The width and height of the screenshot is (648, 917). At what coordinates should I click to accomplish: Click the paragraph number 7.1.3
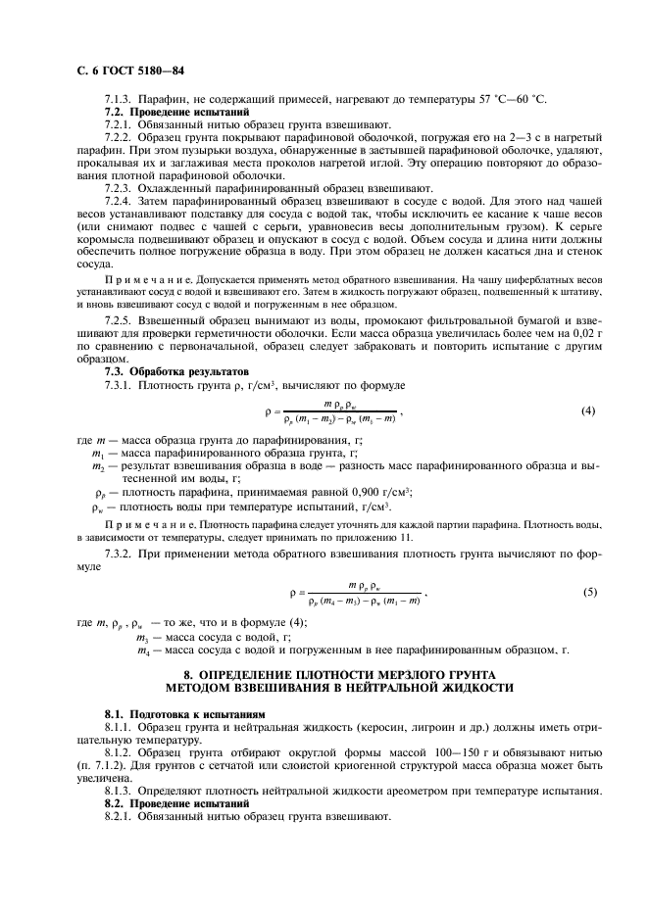pos(120,100)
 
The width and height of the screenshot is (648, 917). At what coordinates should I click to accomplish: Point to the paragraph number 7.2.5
pos(120,320)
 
